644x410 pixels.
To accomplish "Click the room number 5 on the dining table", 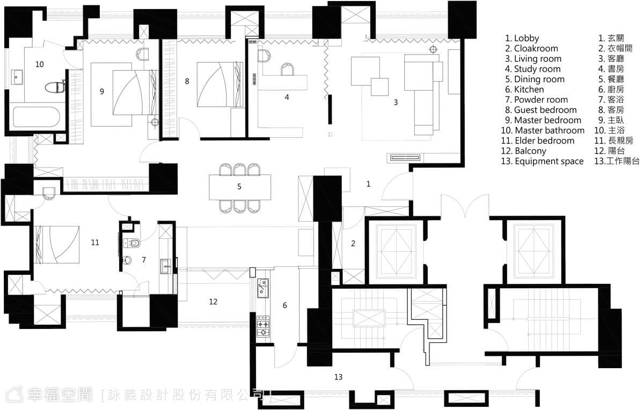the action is tap(239, 187).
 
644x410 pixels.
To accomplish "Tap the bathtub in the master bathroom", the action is tap(36, 117).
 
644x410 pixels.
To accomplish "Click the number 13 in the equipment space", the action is tap(339, 377).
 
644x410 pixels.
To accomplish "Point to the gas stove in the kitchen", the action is tap(263, 326).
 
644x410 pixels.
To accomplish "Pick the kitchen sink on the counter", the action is tap(263, 288).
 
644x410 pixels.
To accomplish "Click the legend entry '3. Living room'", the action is tap(533, 58).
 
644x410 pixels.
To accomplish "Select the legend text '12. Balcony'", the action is tap(524, 151).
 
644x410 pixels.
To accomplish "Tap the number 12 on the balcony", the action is tap(213, 302).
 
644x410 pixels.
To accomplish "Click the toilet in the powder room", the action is tap(132, 243).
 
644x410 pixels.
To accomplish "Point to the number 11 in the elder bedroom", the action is tap(95, 243).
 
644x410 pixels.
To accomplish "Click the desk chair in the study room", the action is tap(287, 69).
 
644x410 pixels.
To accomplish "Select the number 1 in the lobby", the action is tap(368, 184).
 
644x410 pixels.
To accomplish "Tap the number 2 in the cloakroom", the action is tap(353, 244).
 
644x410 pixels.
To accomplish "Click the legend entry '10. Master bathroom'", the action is tap(543, 130).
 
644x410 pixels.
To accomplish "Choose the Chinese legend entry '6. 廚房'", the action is tap(611, 90).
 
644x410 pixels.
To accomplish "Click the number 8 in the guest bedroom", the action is tap(187, 82).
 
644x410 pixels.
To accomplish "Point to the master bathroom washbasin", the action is tap(17, 77).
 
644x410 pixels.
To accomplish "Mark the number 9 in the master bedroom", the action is tap(102, 91).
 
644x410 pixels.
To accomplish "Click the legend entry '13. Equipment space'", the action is tap(542, 162).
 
